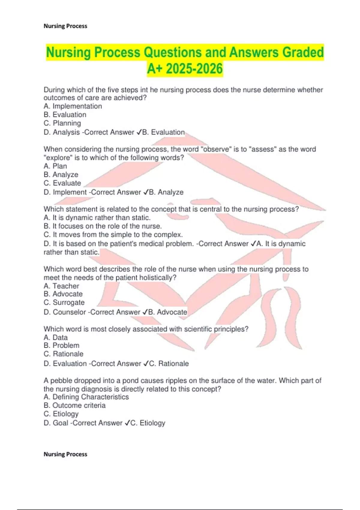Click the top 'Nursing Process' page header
point(65,26)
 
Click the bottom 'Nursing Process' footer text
point(65,454)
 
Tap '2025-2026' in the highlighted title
point(194,69)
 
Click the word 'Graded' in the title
point(303,52)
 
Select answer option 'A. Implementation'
point(73,106)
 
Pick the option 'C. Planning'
point(62,123)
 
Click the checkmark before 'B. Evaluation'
point(139,132)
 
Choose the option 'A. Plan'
point(55,166)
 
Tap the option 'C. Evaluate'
point(62,183)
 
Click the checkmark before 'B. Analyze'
point(145,192)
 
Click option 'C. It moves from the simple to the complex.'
point(113,235)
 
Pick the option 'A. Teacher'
point(61,286)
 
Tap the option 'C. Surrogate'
point(64,302)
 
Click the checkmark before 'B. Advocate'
point(145,312)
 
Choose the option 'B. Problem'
point(61,345)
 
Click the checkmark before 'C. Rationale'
point(146,364)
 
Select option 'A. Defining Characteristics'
point(86,397)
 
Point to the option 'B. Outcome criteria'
point(74,405)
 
